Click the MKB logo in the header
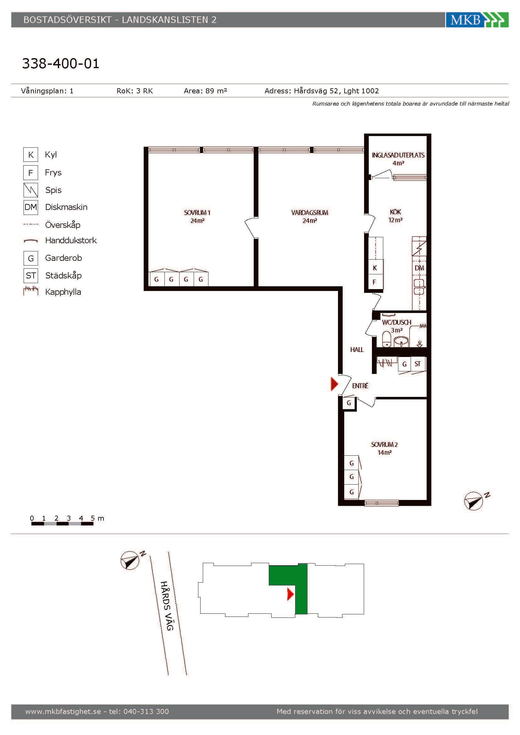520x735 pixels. (x=477, y=19)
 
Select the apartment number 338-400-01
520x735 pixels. (x=60, y=63)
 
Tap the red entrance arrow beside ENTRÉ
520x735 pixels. (x=334, y=384)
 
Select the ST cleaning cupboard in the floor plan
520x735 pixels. (x=418, y=364)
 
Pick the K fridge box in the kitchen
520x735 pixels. (x=375, y=268)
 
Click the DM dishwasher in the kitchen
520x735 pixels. (x=419, y=268)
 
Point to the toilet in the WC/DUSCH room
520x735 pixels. (x=387, y=339)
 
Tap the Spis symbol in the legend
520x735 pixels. (x=31, y=190)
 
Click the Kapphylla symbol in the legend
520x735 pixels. (x=31, y=291)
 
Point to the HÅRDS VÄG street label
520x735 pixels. (x=167, y=606)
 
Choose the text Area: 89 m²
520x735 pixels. (x=205, y=91)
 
